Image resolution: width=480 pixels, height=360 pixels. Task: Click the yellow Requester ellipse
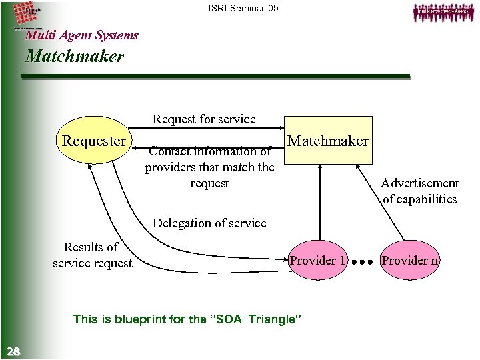[x=94, y=141]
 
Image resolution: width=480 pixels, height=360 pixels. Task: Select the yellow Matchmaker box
[x=327, y=141]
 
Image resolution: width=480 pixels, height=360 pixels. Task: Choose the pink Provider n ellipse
[x=409, y=260]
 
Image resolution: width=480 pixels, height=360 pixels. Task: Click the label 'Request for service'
[x=204, y=119]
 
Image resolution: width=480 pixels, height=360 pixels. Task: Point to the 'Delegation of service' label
[x=209, y=223]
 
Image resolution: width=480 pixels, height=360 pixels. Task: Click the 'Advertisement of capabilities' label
[x=419, y=191]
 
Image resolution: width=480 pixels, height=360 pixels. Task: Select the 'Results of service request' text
[x=93, y=255]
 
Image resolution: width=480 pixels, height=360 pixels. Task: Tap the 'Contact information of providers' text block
[x=209, y=167]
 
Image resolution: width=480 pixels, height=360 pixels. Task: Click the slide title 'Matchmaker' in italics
[x=74, y=57]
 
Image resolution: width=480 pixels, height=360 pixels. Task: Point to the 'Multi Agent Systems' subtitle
[x=81, y=35]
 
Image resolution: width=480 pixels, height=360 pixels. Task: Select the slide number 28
[x=13, y=351]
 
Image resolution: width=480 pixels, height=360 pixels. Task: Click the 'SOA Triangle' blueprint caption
[x=188, y=319]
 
